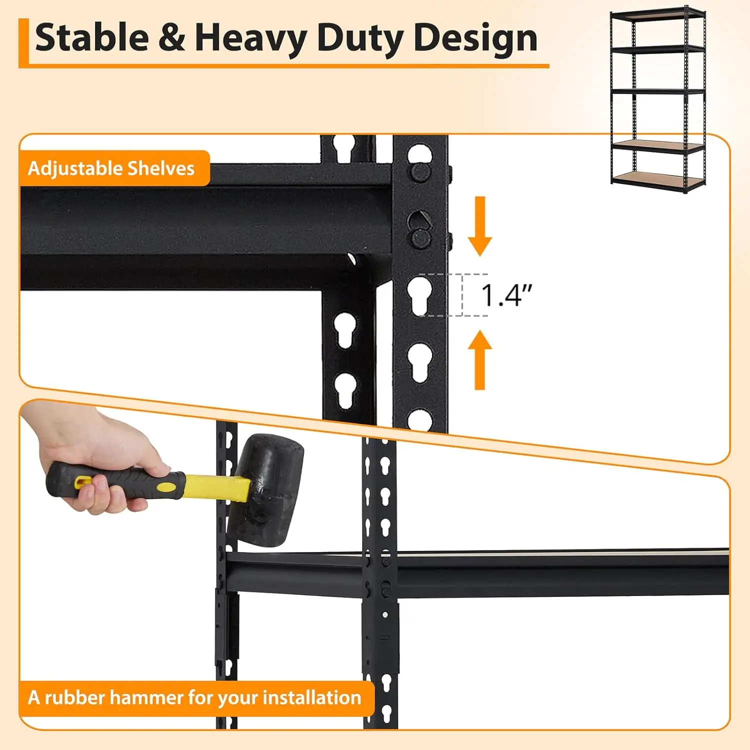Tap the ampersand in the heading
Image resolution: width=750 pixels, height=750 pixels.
pos(171,38)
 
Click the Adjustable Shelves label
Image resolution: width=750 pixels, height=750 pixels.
pos(111,168)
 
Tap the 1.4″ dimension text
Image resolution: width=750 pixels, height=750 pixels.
pos(505,295)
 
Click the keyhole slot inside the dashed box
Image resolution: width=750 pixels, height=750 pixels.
pos(420,295)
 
